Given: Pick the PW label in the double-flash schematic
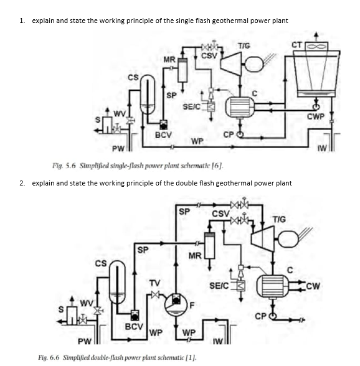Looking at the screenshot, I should [85, 341].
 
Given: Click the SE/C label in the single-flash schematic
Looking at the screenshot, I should [192, 106].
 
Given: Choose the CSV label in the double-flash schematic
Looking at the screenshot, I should [220, 213].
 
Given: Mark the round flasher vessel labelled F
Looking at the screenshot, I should [176, 303].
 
